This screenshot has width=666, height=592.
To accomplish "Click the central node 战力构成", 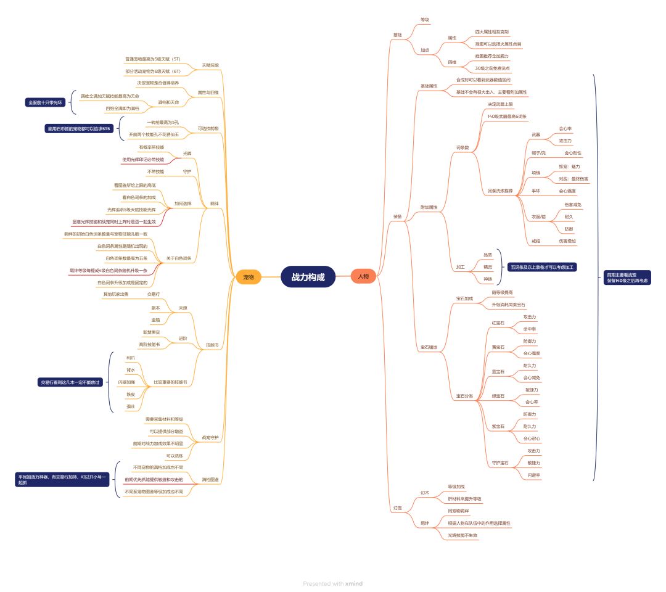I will tap(308, 277).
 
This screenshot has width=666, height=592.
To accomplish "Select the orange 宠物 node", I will tap(249, 277).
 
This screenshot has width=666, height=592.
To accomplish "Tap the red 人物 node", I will tap(363, 277).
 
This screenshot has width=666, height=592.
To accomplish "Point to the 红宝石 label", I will tap(498, 323).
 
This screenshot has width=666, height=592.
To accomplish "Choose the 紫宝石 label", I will tap(498, 426).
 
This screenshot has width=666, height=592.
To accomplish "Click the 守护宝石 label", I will tap(500, 462).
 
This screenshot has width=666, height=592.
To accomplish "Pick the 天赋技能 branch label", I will tap(210, 65).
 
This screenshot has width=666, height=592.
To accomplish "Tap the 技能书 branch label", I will tap(212, 345).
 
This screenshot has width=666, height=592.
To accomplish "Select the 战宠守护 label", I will tap(210, 437).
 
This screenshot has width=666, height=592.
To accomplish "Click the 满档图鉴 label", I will tap(210, 479).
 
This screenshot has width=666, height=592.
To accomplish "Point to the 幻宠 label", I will tap(398, 508).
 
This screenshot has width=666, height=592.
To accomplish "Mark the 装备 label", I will tap(398, 216).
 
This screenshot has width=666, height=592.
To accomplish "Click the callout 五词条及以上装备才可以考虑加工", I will tap(542, 267).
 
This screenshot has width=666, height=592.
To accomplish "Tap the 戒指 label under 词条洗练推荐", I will tap(536, 240).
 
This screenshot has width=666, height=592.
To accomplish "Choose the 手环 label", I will tap(536, 191).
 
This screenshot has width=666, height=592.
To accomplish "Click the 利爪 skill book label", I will tap(131, 358).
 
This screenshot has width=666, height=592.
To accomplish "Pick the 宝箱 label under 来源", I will tap(155, 319).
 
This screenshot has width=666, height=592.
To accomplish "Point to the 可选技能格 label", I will tap(208, 128).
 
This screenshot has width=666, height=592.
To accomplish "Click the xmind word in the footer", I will tap(353, 583).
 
